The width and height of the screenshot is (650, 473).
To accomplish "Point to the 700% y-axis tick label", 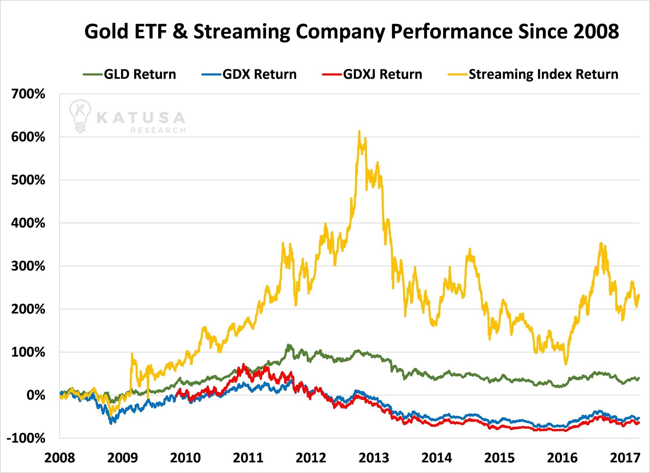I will (28, 94).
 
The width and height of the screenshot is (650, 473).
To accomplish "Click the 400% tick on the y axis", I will (28, 223).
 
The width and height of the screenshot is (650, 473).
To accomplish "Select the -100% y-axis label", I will (26, 438).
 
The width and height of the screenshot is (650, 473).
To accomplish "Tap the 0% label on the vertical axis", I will (36, 395).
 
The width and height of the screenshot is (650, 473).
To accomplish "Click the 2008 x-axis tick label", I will (60, 458).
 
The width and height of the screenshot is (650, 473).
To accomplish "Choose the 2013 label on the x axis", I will (374, 458).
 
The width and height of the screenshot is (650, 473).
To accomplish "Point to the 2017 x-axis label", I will (625, 458).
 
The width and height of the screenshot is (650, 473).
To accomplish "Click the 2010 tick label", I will (185, 458).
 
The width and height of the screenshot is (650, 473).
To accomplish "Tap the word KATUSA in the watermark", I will (141, 118).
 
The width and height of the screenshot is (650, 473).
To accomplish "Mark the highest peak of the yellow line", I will (359, 131).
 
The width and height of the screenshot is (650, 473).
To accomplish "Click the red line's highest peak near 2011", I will (243, 364).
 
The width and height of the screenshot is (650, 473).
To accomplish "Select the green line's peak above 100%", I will (289, 345).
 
